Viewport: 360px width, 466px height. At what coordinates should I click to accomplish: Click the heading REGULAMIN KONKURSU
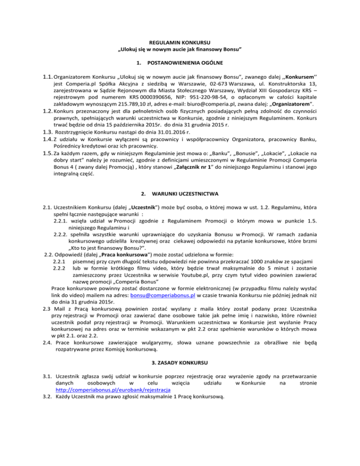(180, 42)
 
